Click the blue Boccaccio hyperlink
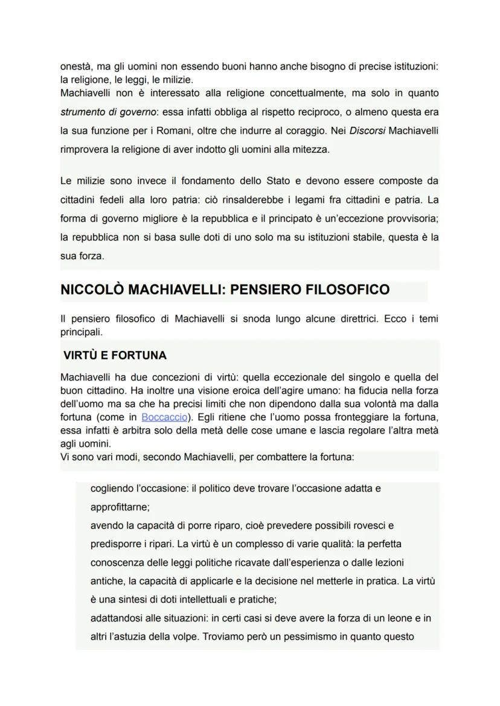[x=164, y=417]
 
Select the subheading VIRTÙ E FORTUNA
[x=115, y=355]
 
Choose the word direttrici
[x=352, y=319]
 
